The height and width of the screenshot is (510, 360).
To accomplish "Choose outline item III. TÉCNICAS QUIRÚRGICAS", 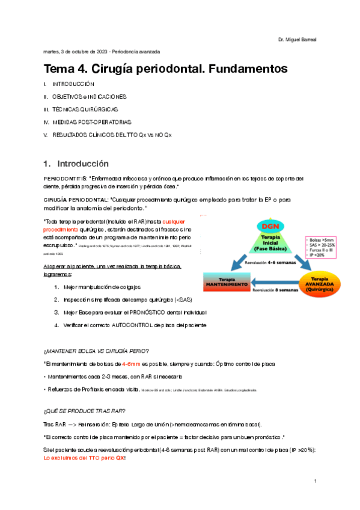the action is pyautogui.click(x=80, y=109).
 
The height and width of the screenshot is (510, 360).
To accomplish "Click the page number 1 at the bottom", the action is pyautogui.click(x=315, y=482).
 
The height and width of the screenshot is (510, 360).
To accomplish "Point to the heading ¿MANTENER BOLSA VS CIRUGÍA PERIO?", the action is pyautogui.click(x=96, y=351).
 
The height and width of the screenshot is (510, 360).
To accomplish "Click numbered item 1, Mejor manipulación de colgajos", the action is pyautogui.click(x=106, y=287).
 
